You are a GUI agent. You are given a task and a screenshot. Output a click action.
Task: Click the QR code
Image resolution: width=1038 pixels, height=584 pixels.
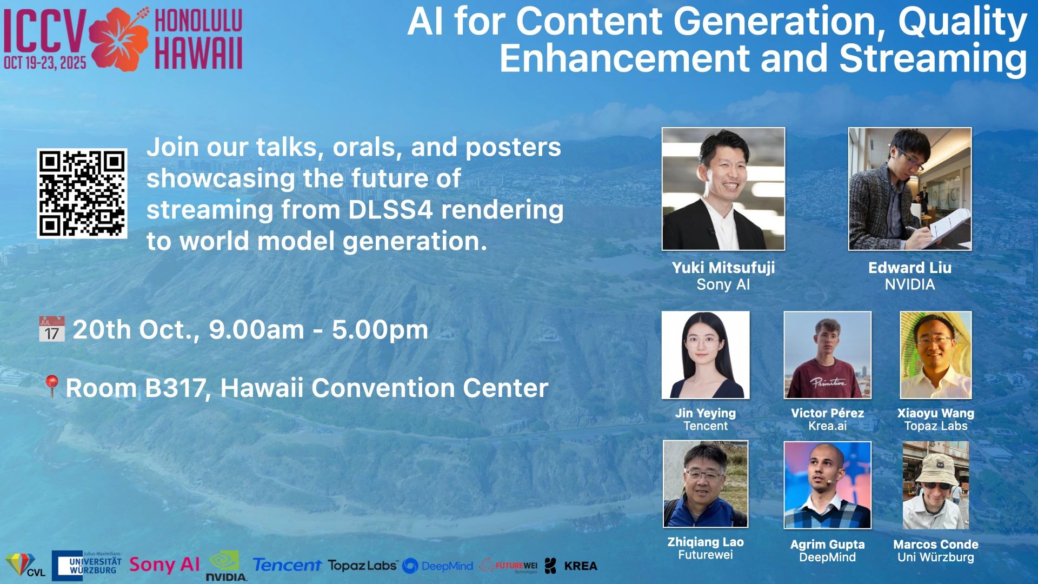click(82, 194)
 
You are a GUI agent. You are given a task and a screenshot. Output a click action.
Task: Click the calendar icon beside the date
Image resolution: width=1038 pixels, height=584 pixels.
click(52, 329)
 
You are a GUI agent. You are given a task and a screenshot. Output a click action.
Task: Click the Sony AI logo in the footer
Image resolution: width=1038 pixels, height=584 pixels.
click(164, 565)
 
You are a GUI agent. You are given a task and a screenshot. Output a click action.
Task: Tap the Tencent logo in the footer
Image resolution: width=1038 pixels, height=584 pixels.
click(287, 565)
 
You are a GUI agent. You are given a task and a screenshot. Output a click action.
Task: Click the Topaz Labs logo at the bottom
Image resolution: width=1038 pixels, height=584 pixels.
click(363, 566)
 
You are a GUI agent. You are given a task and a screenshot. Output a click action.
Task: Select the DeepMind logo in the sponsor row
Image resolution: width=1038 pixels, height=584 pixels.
click(438, 566)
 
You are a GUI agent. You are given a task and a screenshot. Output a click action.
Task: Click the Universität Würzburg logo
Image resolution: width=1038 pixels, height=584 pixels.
click(86, 566)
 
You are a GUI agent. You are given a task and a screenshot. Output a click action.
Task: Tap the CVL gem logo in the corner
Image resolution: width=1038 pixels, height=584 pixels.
click(25, 565)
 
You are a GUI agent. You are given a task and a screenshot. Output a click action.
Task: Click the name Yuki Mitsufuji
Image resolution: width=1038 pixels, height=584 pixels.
click(723, 268)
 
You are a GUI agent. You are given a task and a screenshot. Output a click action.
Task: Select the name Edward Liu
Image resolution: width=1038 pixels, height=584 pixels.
click(910, 268)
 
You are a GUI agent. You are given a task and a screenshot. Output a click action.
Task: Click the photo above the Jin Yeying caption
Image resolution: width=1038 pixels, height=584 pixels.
click(706, 355)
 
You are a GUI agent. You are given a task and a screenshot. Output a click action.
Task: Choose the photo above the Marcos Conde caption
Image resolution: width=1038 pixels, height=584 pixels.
click(936, 485)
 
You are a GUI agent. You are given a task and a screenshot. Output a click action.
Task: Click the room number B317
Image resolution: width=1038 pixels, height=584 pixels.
click(175, 388)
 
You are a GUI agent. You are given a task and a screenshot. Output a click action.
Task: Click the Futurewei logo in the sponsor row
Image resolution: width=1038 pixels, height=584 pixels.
click(509, 566)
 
